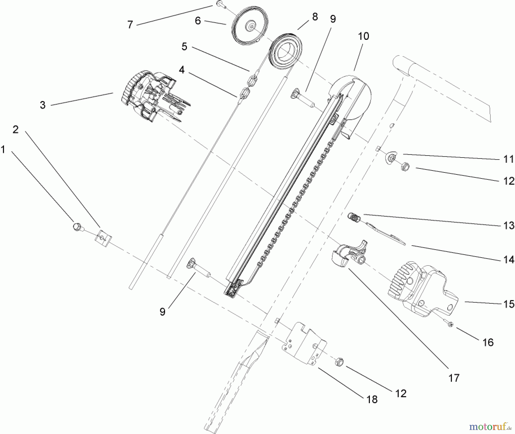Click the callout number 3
coord(43,105)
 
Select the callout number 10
coord(363,36)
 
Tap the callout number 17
coord(454,378)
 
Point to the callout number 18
coord(372,399)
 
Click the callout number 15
coord(509,304)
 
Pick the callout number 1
coord(3,149)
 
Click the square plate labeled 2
coord(103,238)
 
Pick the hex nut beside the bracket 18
coord(340,362)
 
